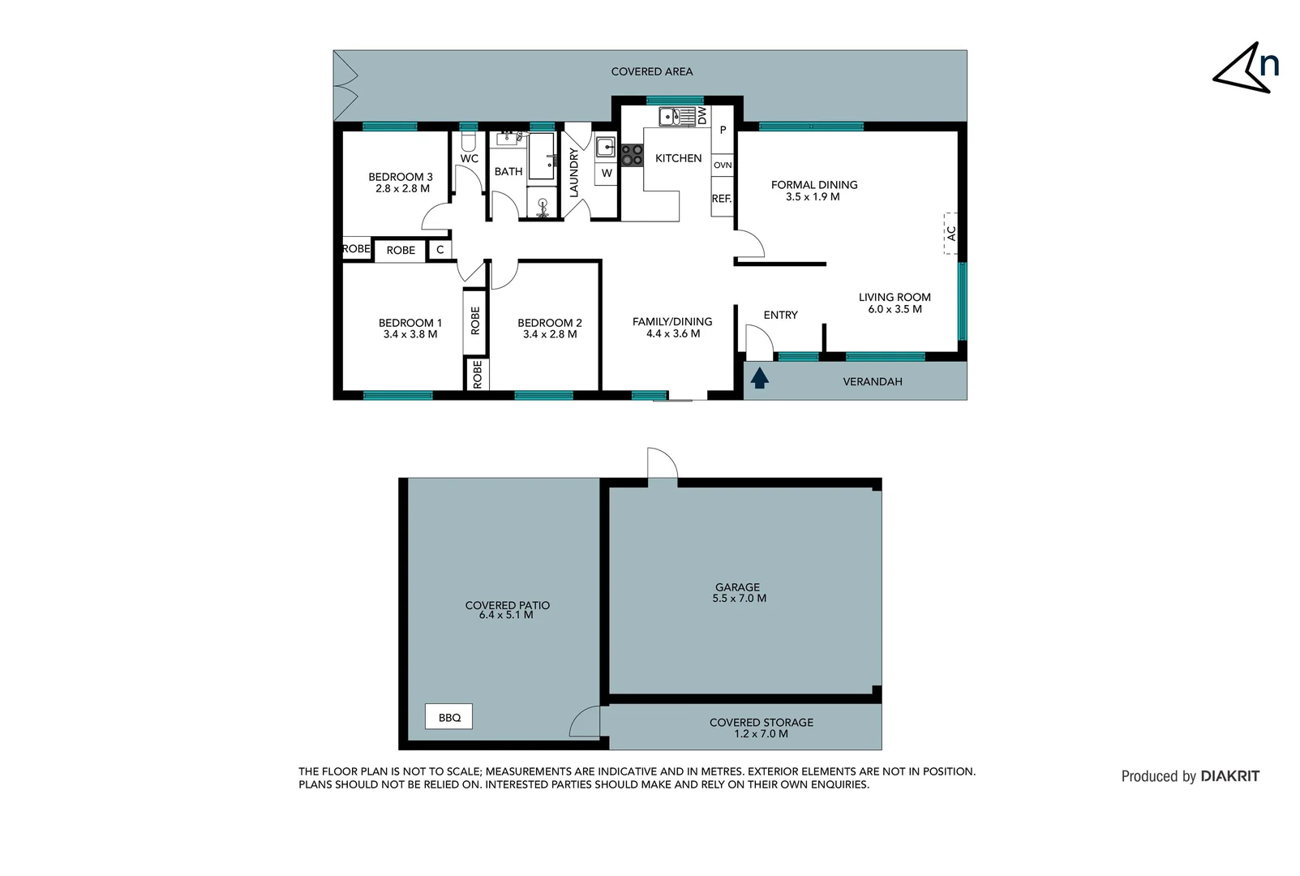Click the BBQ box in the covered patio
coord(448,717)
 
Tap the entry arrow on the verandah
coord(759,378)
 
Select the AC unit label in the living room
coord(951,233)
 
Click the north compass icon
coord(1246,67)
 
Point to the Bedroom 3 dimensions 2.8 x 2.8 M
coord(402,189)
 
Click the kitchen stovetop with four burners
coord(632,155)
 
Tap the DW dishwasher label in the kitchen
coord(702,115)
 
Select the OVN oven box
coord(723,165)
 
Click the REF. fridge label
coord(722,199)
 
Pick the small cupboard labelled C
coord(440,250)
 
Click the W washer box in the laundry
coord(606,173)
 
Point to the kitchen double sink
coord(671,117)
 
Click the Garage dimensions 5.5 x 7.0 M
coord(739,599)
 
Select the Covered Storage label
coord(761,722)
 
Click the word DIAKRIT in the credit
coord(1229,776)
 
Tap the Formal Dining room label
coord(814,185)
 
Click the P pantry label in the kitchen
coord(723,130)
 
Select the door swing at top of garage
coord(663,464)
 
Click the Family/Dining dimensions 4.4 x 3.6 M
coord(672,333)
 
